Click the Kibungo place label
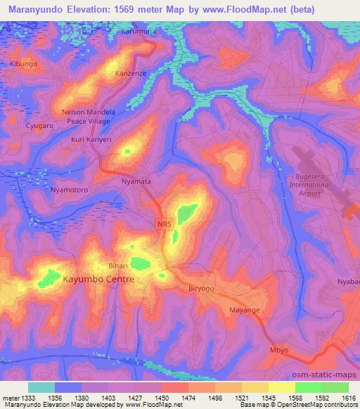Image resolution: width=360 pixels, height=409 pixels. tap(22, 64)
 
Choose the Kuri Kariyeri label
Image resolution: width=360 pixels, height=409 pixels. tap(87, 140)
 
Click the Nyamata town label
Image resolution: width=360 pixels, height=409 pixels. tap(136, 181)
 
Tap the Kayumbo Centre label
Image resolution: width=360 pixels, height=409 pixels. tap(98, 279)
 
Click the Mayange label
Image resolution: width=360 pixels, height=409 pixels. tap(245, 310)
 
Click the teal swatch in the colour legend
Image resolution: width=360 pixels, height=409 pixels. tap(41, 387)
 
